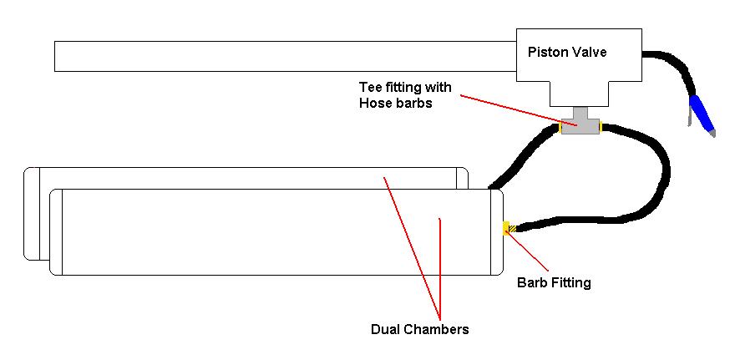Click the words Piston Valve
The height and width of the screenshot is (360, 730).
[567, 52]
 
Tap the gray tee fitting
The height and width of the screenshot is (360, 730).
[580, 126]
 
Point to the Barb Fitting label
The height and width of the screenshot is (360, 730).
[554, 282]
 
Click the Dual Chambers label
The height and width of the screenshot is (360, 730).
[419, 329]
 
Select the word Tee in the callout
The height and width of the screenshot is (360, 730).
[370, 87]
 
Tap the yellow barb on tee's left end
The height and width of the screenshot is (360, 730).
[557, 129]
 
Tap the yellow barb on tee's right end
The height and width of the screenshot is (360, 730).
[602, 128]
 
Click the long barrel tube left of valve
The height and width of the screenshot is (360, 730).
[284, 56]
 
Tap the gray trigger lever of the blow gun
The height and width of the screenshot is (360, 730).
[687, 117]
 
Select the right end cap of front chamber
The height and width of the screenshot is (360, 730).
[496, 231]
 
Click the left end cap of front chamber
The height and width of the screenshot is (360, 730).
[57, 231]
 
